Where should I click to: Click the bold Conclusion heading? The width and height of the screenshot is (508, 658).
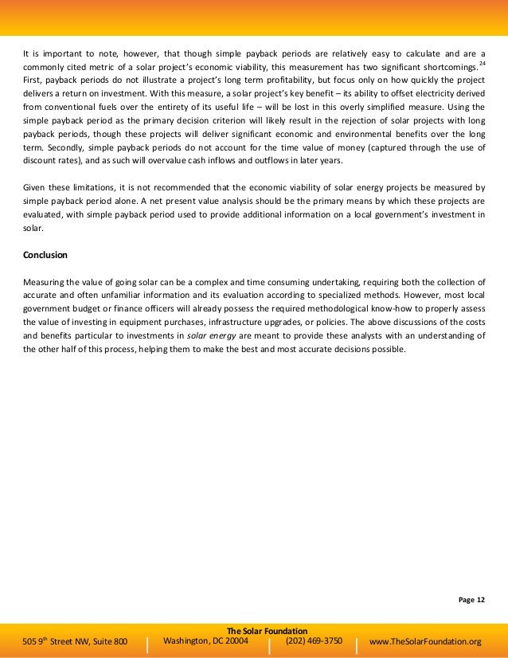45,255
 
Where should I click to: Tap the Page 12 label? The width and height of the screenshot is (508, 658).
471,599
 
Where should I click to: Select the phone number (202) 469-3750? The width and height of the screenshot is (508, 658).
314,640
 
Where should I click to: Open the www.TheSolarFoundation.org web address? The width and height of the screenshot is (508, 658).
426,641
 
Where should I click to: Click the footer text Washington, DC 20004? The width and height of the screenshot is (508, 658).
205,640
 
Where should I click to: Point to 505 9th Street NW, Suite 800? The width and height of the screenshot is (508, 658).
76,641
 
